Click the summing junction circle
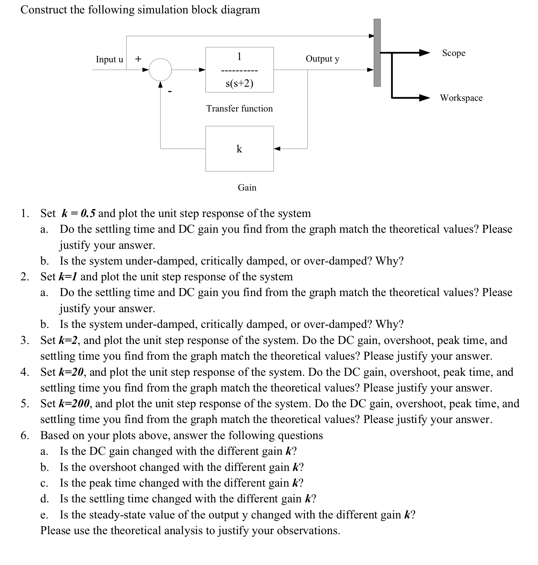pos(160,70)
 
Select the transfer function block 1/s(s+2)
pos(239,70)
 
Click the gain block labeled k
pos(239,148)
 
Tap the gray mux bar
pos(377,53)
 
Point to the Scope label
pos(454,53)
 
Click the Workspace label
pos(461,98)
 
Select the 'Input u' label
pos(109,59)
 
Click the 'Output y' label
pos(322,59)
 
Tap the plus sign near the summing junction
pos(138,59)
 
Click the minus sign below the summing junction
pos(170,91)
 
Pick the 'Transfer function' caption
pos(239,109)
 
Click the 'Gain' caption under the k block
pos(247,188)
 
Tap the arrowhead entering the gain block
pos(277,148)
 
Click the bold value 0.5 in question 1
pos(88,213)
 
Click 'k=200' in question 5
pos(75,404)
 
